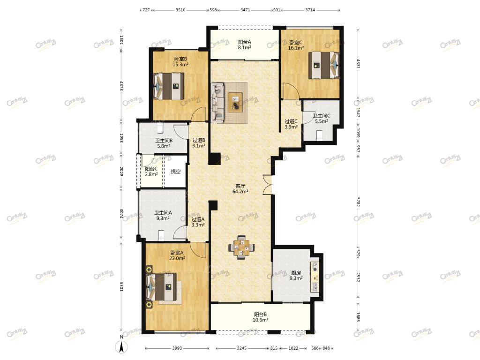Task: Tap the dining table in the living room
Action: click(241, 247)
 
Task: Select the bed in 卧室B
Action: click(169, 86)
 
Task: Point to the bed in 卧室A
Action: click(162, 287)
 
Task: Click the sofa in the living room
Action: click(217, 103)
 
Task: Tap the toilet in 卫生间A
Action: click(161, 235)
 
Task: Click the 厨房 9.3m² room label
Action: click(296, 276)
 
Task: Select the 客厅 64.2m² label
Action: click(240, 189)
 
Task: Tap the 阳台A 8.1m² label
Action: click(245, 45)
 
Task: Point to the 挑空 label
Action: click(176, 172)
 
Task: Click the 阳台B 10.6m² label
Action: click(261, 317)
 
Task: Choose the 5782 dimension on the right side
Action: click(358, 202)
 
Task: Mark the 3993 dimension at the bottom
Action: click(177, 348)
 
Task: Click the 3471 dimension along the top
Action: click(245, 10)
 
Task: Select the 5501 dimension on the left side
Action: click(121, 287)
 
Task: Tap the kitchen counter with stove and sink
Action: click(315, 277)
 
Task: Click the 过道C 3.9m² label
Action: click(291, 124)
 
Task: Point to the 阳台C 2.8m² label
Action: click(151, 172)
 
